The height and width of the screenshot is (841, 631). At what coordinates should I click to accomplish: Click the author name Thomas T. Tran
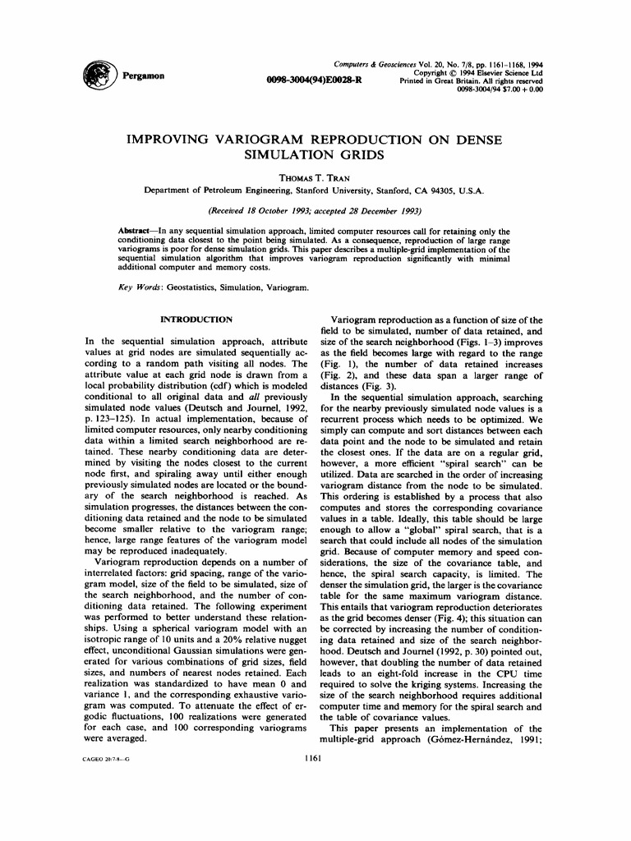click(315, 177)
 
